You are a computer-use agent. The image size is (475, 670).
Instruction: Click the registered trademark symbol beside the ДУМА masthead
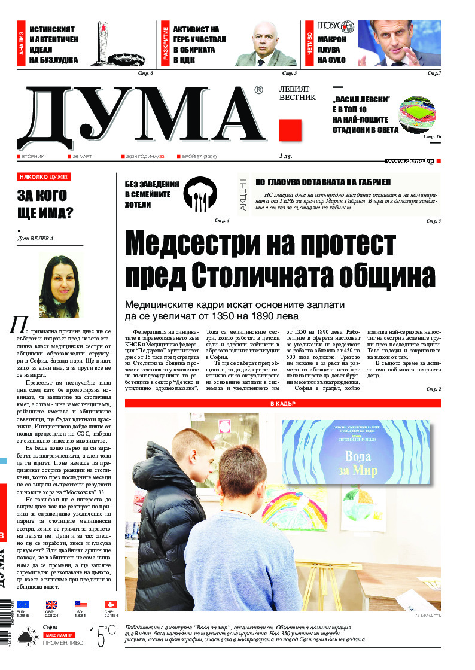(x=258, y=90)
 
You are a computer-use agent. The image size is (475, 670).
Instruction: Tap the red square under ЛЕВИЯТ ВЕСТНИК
(x=290, y=130)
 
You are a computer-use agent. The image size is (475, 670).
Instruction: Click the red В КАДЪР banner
(x=282, y=404)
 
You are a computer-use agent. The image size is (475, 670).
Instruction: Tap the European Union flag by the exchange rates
(x=23, y=605)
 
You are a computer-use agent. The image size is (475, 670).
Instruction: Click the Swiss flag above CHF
(x=110, y=605)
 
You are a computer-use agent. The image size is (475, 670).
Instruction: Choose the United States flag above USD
(x=81, y=605)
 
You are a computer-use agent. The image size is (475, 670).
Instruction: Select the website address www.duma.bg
(x=410, y=161)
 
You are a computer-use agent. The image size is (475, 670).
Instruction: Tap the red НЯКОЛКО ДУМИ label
(x=44, y=177)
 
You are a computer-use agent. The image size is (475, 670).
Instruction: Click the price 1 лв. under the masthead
(x=287, y=156)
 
